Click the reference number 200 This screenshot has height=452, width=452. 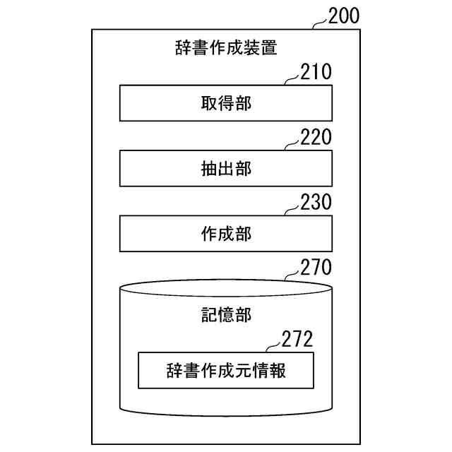[343, 16]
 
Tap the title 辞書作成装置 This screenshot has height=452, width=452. [226, 49]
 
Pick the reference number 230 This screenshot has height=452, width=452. [316, 203]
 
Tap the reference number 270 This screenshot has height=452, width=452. [316, 268]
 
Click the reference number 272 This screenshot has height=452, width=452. [297, 339]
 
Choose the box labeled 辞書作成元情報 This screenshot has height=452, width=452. [226, 370]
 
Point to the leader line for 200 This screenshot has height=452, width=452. [319, 24]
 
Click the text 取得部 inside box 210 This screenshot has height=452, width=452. [226, 104]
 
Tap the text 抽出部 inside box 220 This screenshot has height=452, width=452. [226, 169]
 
